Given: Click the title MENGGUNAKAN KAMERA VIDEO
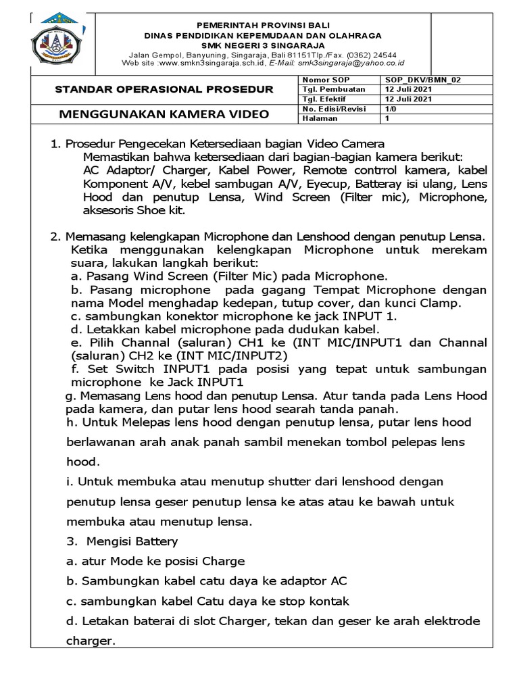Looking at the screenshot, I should click(x=164, y=114).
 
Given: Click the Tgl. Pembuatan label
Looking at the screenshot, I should click(x=334, y=89).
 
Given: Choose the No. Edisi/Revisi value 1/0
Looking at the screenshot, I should click(x=391, y=109).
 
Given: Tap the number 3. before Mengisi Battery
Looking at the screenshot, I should click(x=70, y=541).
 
